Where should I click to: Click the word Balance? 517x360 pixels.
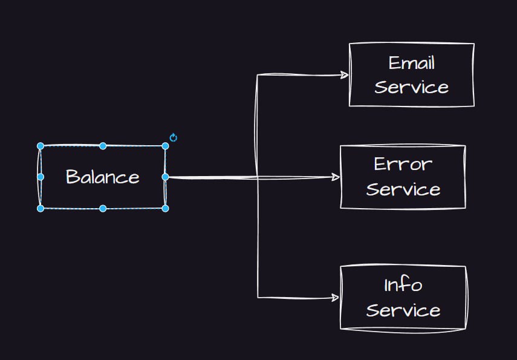pos(103,177)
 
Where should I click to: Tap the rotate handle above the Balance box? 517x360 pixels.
pos(174,137)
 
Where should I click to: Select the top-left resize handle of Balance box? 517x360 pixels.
pos(41,146)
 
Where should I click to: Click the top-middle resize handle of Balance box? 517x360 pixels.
pos(103,146)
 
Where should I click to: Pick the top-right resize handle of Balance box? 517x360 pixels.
pos(166,146)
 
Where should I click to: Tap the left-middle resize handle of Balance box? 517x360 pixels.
pos(41,177)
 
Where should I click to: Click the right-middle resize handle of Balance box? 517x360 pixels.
pos(166,177)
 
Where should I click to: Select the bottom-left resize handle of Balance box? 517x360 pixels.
pos(41,208)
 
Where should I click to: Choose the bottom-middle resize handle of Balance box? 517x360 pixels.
pos(103,208)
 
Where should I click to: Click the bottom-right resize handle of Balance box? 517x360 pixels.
pos(166,208)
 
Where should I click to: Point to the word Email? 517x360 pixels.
pos(412,63)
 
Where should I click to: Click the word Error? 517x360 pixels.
pos(403,164)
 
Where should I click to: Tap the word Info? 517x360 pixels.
pos(403,285)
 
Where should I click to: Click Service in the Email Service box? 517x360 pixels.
pos(412,87)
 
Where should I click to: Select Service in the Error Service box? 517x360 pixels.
pos(403,189)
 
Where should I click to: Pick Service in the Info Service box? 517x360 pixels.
pos(403,310)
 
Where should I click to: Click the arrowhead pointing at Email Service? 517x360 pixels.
pos(345,75)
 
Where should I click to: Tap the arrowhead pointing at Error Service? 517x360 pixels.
pos(336,177)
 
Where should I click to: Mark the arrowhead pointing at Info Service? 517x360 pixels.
pos(335,298)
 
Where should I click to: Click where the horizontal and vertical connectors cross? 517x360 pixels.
pos(257,178)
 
